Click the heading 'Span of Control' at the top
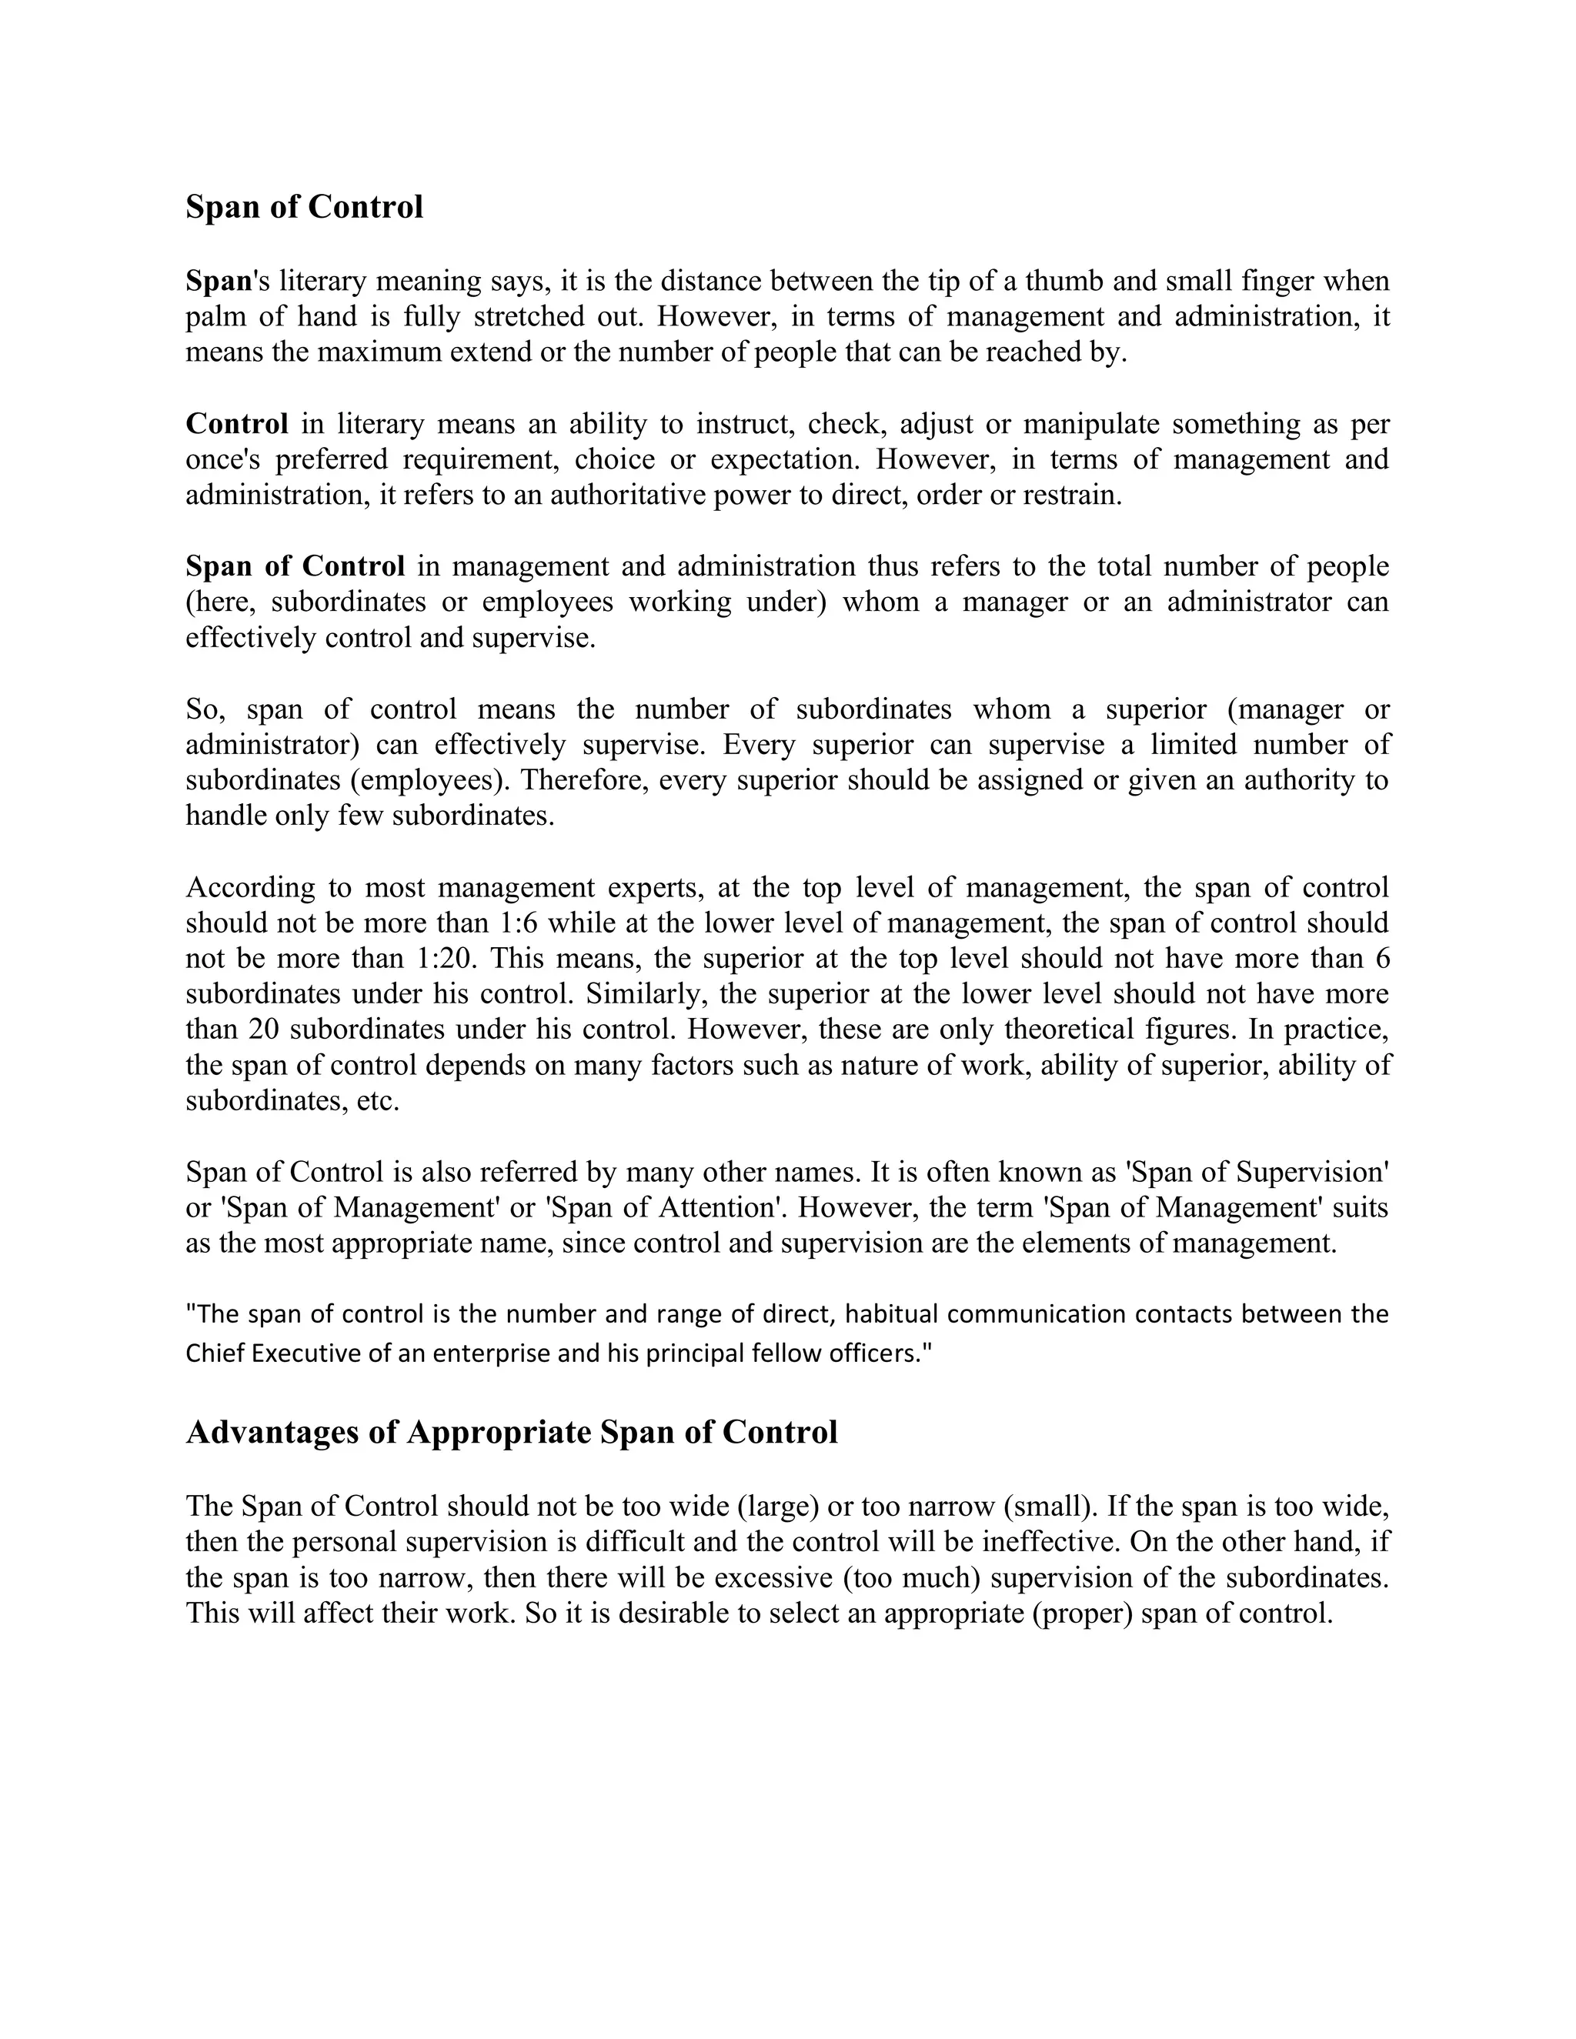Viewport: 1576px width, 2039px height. (x=305, y=207)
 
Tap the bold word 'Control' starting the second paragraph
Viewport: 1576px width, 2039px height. (x=237, y=424)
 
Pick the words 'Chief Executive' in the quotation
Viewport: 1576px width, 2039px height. (x=264, y=1353)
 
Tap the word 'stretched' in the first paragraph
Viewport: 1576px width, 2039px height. (x=529, y=318)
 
